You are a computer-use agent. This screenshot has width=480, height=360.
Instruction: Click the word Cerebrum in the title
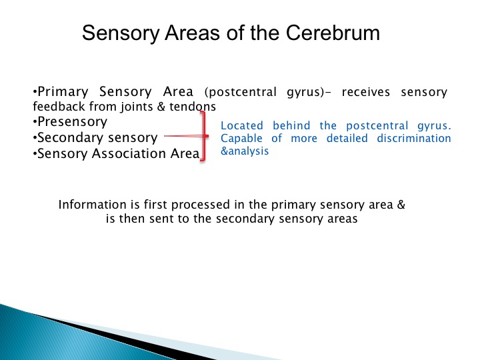pos(333,33)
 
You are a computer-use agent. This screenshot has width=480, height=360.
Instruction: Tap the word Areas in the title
pos(192,33)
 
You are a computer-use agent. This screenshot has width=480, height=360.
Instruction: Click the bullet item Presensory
pos(72,122)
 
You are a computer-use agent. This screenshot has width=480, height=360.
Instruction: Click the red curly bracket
pos(203,136)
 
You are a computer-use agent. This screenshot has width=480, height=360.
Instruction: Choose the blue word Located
pos(242,125)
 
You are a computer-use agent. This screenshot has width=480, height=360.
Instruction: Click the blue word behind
pos(291,125)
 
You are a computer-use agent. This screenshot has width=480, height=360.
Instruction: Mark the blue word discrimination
pos(414,138)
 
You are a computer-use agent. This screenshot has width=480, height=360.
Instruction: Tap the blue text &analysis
pos(245,151)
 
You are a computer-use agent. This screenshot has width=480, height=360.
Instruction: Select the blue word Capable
pos(241,139)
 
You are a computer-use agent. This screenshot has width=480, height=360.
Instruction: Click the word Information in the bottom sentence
pos(92,205)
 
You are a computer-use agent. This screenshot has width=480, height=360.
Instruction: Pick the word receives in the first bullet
pos(366,92)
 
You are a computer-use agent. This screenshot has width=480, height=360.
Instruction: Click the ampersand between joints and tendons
pos(161,107)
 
